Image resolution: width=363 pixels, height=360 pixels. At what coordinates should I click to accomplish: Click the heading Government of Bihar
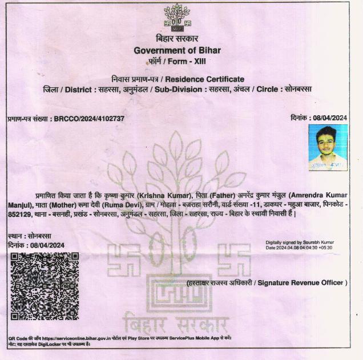pyautogui.click(x=177, y=50)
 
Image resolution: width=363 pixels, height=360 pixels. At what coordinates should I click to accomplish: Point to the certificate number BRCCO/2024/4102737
pyautogui.click(x=88, y=119)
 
